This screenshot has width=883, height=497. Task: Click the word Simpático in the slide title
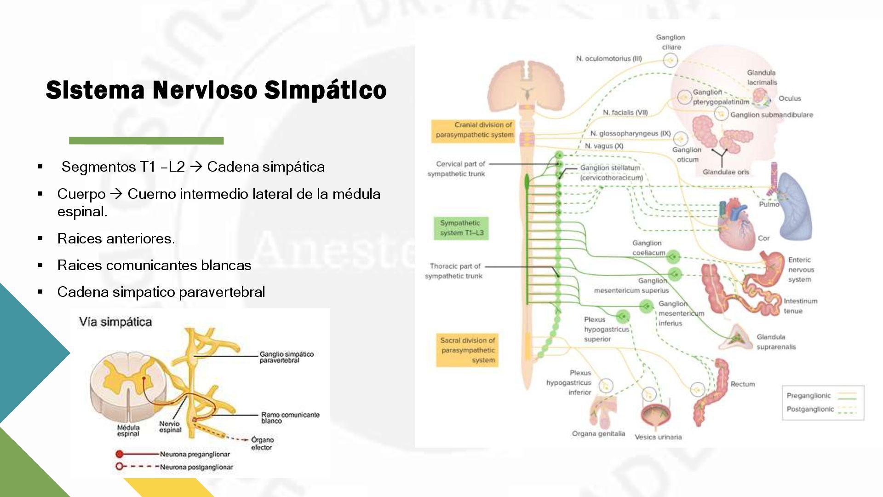click(325, 90)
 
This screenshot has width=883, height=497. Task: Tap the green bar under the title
click(146, 141)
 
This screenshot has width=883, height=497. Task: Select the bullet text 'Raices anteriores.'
click(116, 238)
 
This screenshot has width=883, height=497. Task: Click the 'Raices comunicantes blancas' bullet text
click(154, 265)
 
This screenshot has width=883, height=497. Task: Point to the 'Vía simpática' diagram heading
click(115, 322)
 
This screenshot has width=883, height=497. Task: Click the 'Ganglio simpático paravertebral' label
click(286, 357)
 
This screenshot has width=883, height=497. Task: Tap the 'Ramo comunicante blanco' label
click(290, 417)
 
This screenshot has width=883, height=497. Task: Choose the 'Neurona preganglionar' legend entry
click(195, 454)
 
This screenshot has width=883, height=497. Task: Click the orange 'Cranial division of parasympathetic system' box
click(473, 130)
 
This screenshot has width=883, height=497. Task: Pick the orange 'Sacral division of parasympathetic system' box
click(467, 350)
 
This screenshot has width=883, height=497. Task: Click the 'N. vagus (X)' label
click(604, 146)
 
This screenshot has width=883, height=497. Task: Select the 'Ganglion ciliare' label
click(671, 42)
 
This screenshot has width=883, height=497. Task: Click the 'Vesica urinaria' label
click(658, 437)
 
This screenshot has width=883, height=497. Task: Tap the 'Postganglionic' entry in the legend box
click(810, 409)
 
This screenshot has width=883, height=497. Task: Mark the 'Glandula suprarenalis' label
click(776, 342)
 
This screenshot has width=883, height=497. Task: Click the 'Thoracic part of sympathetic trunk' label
click(454, 271)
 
